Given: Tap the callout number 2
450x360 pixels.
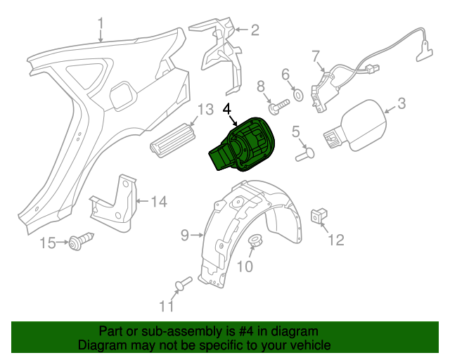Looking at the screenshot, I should tap(254, 30).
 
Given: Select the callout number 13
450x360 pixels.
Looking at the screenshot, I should tap(205, 110).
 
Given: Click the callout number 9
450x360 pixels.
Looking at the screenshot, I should tap(185, 236).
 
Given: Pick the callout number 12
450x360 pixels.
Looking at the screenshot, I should tap(336, 240).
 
